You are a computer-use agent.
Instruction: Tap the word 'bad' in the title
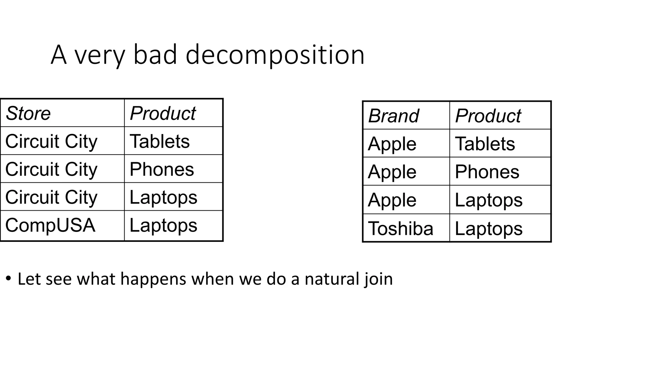point(155,55)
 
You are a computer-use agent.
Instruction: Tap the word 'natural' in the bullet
point(332,279)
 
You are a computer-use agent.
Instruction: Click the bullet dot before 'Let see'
point(9,278)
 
